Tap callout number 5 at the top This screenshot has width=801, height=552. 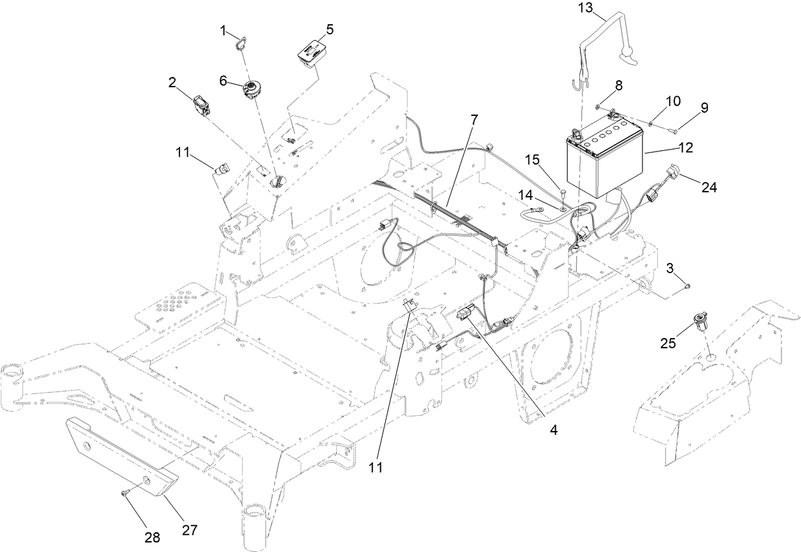point(329,29)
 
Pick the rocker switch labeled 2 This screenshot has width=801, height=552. point(203,106)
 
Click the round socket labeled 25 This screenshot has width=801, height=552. point(701,320)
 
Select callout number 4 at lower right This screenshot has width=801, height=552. point(553,430)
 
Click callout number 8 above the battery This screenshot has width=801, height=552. point(618,84)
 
